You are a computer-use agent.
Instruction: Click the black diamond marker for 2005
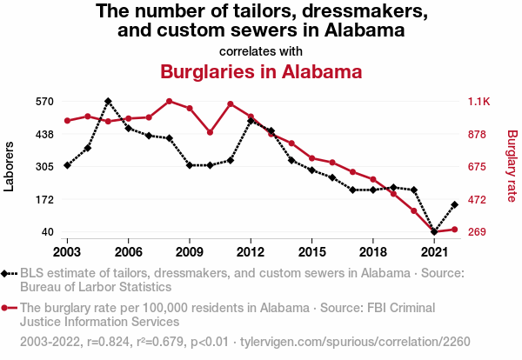[108, 102]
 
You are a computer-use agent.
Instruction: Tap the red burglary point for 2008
[169, 102]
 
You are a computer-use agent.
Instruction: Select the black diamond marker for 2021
[434, 232]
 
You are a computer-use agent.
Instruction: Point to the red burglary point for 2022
[454, 230]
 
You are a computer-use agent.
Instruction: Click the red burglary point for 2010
[210, 132]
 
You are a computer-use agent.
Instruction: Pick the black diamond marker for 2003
[67, 165]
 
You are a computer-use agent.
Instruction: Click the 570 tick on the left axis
[44, 102]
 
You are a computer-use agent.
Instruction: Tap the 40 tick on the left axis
[47, 232]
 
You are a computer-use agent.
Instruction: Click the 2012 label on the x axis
[251, 251]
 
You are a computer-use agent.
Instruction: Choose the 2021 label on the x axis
[434, 251]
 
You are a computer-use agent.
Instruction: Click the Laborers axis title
[10, 166]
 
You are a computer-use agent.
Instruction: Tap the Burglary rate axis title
[512, 166]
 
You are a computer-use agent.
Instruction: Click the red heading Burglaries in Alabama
[261, 71]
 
